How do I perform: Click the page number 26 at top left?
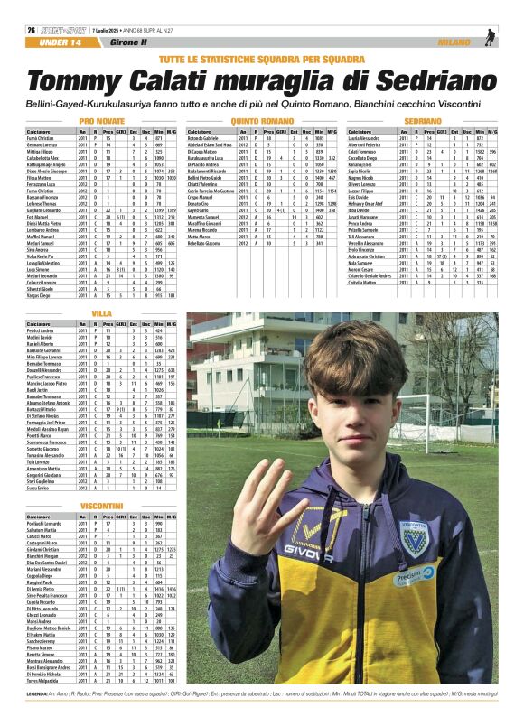[32, 30]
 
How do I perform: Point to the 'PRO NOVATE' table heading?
[102, 120]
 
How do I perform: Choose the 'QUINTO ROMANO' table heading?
[262, 120]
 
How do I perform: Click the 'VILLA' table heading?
[102, 313]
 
